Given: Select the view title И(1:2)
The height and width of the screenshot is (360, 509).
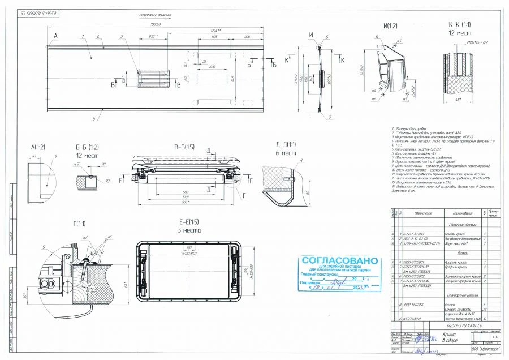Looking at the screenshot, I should (x=390, y=26).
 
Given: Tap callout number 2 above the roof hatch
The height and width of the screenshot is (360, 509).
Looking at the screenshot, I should (x=122, y=37).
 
